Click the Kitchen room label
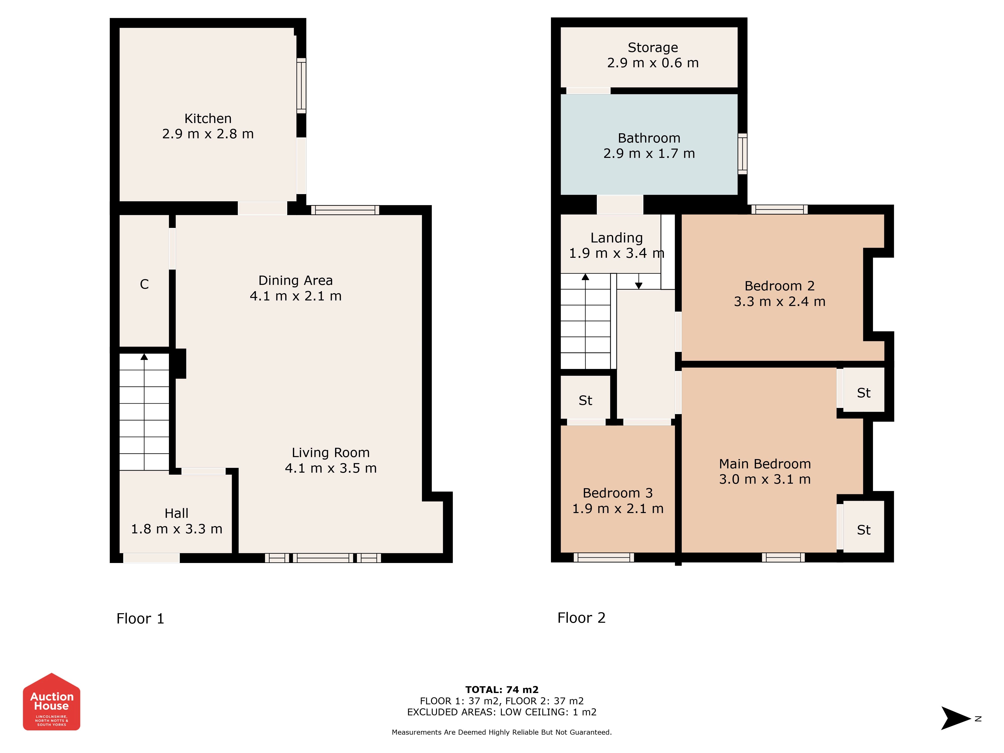208,118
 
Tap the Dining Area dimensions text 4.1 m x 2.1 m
295,296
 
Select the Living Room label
330,453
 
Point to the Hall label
176,513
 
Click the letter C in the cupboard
144,284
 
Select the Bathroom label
649,138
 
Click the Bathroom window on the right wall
742,153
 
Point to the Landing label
616,238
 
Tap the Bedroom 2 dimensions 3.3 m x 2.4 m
779,301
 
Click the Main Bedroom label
765,464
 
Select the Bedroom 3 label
618,493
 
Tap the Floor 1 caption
140,619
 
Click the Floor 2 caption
581,618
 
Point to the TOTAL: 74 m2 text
502,690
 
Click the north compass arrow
956,718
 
